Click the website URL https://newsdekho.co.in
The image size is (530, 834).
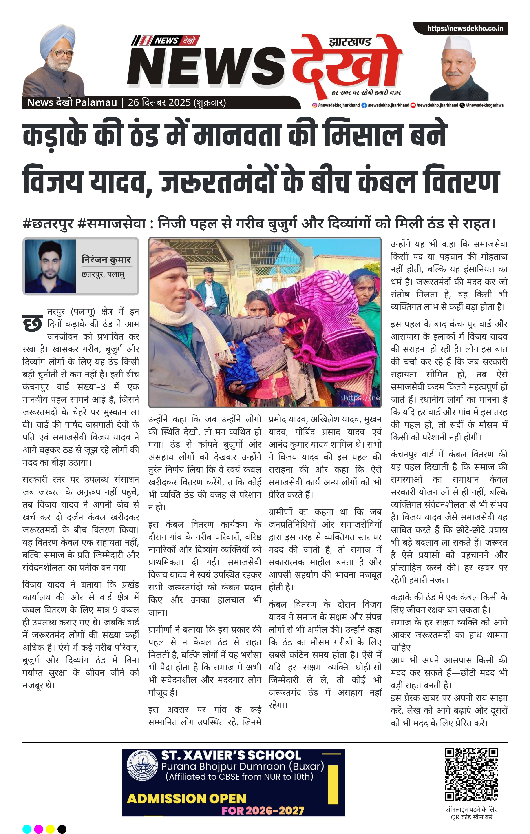(465, 28)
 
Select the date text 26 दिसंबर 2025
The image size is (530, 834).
(159, 102)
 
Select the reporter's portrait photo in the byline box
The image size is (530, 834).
(50, 266)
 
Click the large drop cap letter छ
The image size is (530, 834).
(33, 323)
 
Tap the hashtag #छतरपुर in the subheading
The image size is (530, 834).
(48, 224)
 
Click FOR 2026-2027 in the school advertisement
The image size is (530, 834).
(263, 811)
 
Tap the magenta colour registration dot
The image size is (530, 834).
(39, 829)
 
